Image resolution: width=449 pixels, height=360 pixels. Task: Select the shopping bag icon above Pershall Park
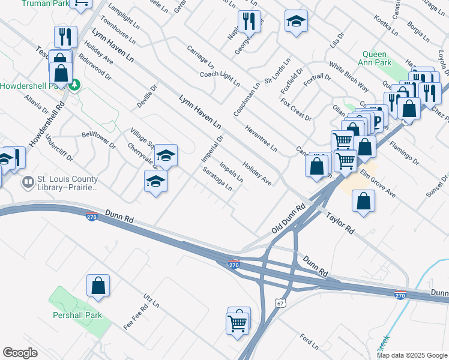tap(98, 287)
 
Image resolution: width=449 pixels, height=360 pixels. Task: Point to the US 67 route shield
tap(280, 304)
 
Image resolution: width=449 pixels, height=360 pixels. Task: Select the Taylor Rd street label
tap(340, 221)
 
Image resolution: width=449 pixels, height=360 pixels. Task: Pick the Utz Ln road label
tap(151, 301)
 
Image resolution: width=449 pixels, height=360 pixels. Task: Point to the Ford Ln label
tap(309, 342)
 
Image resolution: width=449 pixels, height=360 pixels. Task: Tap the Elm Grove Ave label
tap(378, 185)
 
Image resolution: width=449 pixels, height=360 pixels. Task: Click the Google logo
tap(20, 353)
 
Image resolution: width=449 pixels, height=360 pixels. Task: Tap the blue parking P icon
tap(377, 123)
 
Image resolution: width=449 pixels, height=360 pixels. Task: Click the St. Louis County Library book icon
tap(28, 181)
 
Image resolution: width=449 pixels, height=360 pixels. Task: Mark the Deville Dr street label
tap(146, 96)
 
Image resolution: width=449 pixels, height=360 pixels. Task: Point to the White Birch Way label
tap(348, 76)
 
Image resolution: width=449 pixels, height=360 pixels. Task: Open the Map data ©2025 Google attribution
tap(412, 355)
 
